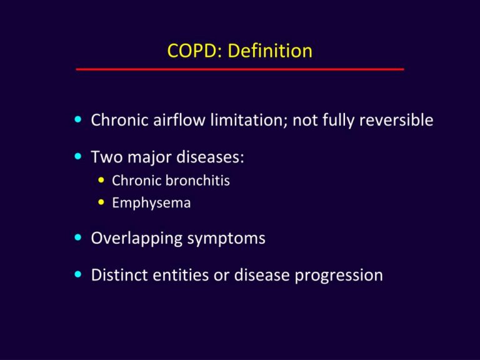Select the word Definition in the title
click(x=270, y=51)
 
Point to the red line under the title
click(x=240, y=69)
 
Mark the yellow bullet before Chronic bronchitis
click(x=102, y=181)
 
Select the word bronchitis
click(x=199, y=181)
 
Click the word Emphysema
click(x=151, y=203)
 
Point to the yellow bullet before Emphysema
click(x=102, y=202)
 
